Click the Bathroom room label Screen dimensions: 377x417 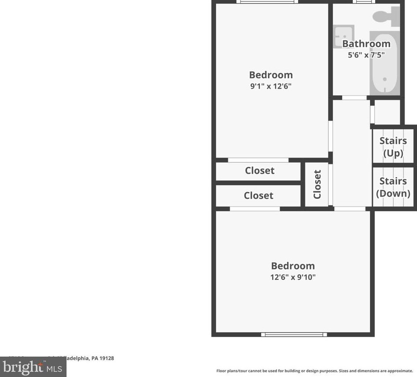(366, 44)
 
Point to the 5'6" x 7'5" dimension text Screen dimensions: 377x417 (366, 55)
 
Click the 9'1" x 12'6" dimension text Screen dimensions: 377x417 (271, 86)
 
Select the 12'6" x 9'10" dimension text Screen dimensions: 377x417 (293, 277)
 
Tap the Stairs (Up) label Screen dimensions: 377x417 (393, 147)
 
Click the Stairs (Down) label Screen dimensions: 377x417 (393, 187)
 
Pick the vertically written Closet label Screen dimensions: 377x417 (317, 184)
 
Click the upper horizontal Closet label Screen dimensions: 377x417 (259, 171)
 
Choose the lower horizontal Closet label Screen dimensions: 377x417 (258, 195)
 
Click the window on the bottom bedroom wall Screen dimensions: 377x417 (294, 335)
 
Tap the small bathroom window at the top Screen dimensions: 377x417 (363, 2)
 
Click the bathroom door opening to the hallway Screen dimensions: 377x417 (354, 98)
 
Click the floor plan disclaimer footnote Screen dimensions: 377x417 (314, 371)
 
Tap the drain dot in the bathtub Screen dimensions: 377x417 (385, 80)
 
